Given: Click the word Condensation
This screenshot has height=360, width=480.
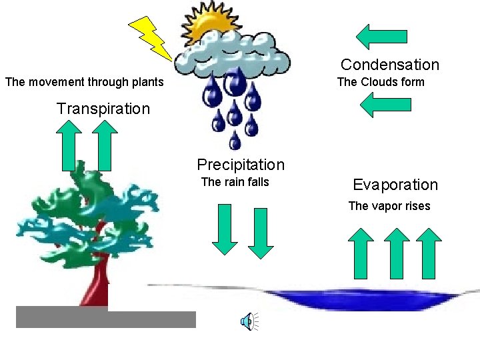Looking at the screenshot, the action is pyautogui.click(x=390, y=65).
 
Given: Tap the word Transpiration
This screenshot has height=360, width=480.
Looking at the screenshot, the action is pyautogui.click(x=103, y=109).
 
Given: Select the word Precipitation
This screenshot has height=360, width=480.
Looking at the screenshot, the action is pyautogui.click(x=241, y=165).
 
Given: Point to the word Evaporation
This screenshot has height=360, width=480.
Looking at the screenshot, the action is pyautogui.click(x=395, y=185).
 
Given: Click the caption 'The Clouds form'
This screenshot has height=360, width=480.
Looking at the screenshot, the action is pyautogui.click(x=381, y=82).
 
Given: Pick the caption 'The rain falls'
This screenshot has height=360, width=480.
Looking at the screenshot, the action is pyautogui.click(x=235, y=182).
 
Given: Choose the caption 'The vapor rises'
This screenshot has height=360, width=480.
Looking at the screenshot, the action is pyautogui.click(x=389, y=206).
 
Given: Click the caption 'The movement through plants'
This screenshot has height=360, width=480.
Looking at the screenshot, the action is pyautogui.click(x=84, y=82).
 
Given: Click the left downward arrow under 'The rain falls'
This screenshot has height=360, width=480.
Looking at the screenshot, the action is pyautogui.click(x=225, y=229).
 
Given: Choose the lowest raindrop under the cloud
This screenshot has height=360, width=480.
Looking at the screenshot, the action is pyautogui.click(x=235, y=141).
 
